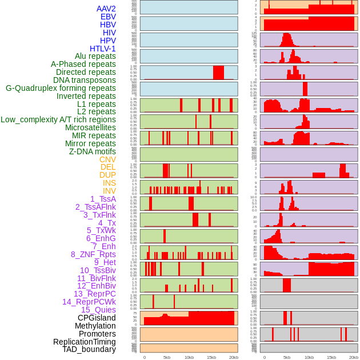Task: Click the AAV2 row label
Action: tap(106, 9)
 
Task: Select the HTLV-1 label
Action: tap(103, 49)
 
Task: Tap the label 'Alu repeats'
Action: tap(95, 56)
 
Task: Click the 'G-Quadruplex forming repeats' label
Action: tap(61, 88)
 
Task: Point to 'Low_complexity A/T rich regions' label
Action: tap(58, 119)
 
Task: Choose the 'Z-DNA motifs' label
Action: tap(93, 151)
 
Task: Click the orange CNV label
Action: tap(107, 159)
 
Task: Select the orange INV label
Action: tap(109, 191)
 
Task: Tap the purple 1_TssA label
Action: tap(103, 199)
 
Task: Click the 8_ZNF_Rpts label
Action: tap(93, 254)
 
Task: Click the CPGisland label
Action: tap(97, 318)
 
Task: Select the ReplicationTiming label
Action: tap(85, 342)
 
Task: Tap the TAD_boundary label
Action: tap(89, 349)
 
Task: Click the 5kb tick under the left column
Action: tap(167, 357)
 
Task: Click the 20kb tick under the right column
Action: tap(354, 357)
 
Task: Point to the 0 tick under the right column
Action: tap(264, 357)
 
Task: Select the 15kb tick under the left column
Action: tap(211, 357)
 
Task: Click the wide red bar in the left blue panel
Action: tap(218, 73)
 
